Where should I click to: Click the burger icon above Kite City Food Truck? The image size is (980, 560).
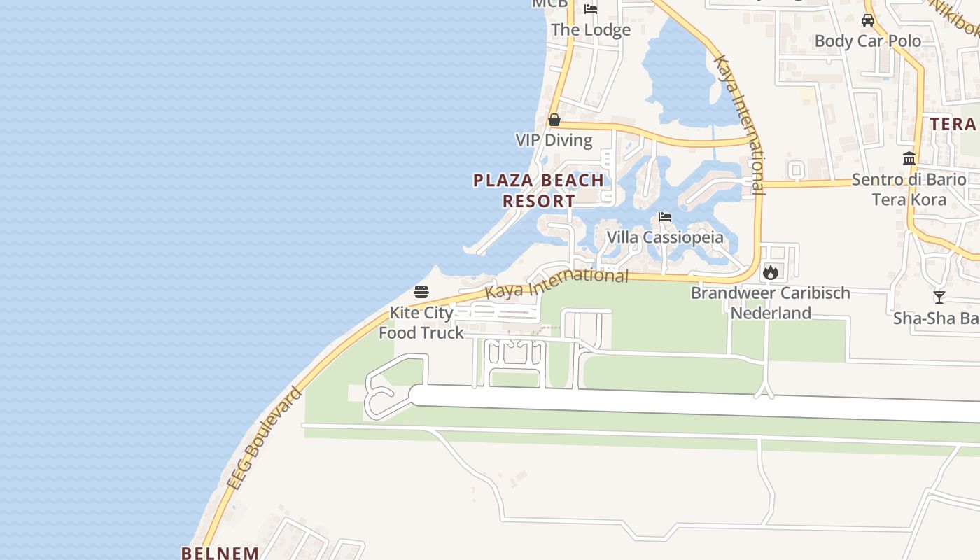point(421,291)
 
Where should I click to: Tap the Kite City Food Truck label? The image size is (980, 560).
point(421,323)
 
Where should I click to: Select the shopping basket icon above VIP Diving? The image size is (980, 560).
point(554,120)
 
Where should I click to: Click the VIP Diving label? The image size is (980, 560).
point(554,140)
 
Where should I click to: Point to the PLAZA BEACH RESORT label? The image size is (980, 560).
point(539,190)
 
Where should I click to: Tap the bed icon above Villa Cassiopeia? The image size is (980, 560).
point(665,217)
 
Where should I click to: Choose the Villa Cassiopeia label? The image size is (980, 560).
point(665,237)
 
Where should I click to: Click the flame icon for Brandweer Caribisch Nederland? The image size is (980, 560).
point(771,272)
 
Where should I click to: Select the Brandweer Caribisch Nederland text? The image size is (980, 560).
point(771,302)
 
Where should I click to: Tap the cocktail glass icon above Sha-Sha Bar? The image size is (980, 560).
point(939,297)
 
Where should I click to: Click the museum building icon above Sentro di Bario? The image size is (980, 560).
point(909,159)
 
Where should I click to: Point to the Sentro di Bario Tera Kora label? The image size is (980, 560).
point(909,189)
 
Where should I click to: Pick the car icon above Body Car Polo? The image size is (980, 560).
point(868,20)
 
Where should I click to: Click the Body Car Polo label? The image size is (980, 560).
point(868,41)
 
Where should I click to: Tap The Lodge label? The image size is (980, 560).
point(591,29)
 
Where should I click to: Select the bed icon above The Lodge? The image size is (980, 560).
point(591,9)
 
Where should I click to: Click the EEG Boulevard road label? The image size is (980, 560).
point(265,438)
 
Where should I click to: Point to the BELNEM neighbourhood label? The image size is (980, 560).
point(220,553)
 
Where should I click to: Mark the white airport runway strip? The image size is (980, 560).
point(700,404)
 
